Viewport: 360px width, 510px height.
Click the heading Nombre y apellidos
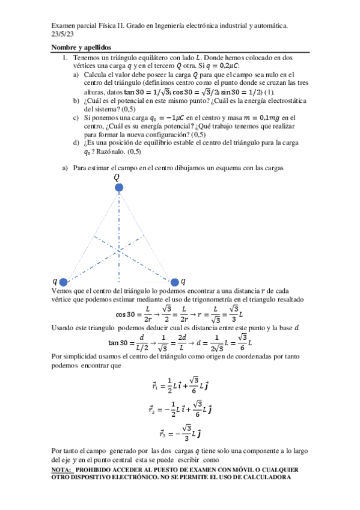(81, 48)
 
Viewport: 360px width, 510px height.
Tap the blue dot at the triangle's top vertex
(120, 188)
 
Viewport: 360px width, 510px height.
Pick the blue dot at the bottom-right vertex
(175, 281)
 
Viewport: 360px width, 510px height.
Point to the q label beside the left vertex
(55, 280)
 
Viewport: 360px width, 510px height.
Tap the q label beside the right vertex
(183, 280)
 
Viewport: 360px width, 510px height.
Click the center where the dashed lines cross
(120, 248)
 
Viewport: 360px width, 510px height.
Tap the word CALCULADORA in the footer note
(266, 478)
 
